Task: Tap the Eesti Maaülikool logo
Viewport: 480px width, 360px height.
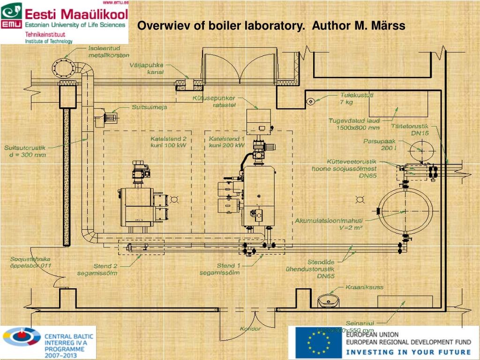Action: pos(64,22)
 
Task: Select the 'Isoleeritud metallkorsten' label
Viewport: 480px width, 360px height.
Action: pos(108,52)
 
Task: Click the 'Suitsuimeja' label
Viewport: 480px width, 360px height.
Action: pos(149,107)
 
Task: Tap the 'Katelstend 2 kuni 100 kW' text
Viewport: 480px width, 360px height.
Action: pos(168,142)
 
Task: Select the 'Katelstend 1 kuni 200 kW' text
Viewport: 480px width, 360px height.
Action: pos(227,142)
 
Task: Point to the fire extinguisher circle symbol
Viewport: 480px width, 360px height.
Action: pos(310,101)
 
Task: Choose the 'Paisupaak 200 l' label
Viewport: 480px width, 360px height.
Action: pos(380,144)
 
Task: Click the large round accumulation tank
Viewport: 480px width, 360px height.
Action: pos(405,211)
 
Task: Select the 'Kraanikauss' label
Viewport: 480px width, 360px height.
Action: pos(364,287)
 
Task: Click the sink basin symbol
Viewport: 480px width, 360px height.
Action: pos(328,300)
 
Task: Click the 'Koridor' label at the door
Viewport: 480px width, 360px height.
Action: pos(250,328)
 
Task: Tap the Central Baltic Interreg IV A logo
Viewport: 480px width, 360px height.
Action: pos(48,342)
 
